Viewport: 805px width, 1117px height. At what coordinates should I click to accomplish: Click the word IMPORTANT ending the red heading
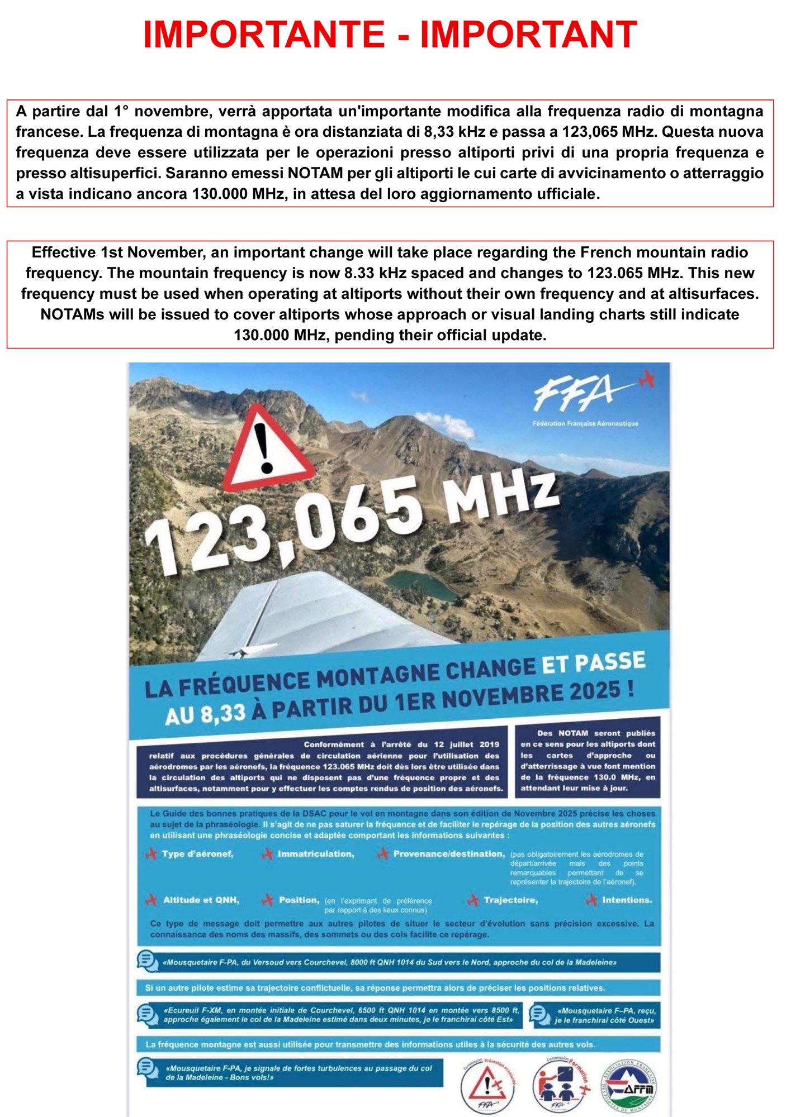(528, 35)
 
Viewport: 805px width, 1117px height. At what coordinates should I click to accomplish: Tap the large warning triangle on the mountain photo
(267, 450)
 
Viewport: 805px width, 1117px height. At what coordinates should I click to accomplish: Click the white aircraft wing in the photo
(313, 614)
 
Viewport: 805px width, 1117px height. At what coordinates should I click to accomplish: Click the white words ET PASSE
(593, 663)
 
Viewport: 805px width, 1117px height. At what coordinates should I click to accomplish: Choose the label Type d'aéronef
(197, 854)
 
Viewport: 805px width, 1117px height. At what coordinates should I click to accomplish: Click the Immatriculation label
(316, 854)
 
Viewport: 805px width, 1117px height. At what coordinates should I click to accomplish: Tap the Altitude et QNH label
(201, 900)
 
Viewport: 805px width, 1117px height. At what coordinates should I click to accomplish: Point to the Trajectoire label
(510, 900)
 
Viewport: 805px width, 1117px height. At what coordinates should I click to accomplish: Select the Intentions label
(627, 900)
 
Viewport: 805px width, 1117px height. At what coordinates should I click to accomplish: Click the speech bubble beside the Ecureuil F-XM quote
(148, 1014)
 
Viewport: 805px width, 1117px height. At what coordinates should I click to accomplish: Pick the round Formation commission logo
(560, 1087)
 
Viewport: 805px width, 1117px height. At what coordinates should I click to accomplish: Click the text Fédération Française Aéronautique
(585, 423)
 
